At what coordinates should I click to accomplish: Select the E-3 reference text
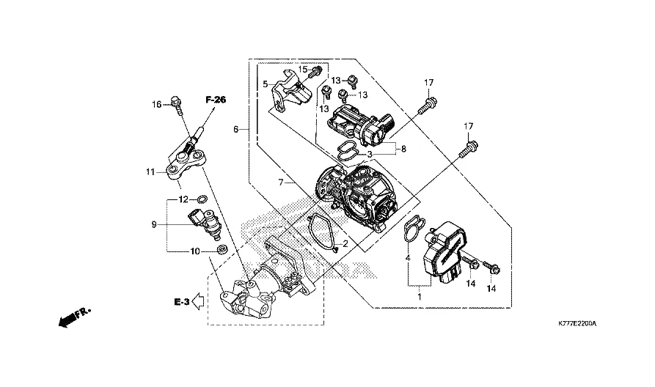[x=182, y=301]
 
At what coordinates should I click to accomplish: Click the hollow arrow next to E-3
[x=198, y=303]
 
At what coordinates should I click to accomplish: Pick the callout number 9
[x=154, y=224]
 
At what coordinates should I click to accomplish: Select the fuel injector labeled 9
[x=206, y=222]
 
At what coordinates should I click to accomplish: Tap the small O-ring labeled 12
[x=203, y=199]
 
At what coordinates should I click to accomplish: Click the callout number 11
[x=149, y=173]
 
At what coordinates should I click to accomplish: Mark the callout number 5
[x=265, y=84]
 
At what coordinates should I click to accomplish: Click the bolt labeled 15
[x=315, y=73]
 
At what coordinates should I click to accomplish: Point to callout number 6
[x=236, y=129]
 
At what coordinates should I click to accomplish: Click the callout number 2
[x=345, y=243]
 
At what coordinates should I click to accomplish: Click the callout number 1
[x=420, y=298]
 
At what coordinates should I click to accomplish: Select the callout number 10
[x=195, y=251]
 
